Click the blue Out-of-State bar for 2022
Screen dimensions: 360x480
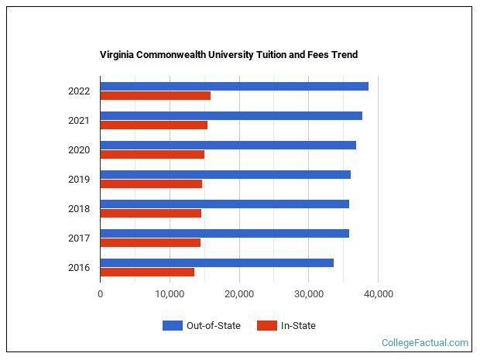tap(234, 86)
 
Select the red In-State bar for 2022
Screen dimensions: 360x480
tap(155, 96)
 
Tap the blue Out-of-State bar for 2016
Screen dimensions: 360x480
tap(217, 262)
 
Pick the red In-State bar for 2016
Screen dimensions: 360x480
tap(147, 273)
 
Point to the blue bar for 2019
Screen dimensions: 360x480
tap(225, 174)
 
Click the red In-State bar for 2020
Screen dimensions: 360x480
tap(152, 155)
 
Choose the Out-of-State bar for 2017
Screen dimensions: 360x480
tap(225, 233)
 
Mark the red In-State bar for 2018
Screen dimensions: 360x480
tap(150, 214)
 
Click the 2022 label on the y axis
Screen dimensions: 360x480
tap(79, 91)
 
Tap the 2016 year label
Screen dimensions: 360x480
tap(79, 268)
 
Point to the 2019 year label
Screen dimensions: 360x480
tap(79, 180)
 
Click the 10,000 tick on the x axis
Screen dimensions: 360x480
tap(170, 294)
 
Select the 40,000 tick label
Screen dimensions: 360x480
tap(379, 294)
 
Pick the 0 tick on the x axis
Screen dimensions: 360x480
tap(100, 294)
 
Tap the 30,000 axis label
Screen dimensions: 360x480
tap(309, 294)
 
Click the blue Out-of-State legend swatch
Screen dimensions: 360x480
tap(172, 326)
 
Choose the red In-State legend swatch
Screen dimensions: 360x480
tap(266, 326)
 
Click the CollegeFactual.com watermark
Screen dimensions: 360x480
tap(425, 342)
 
